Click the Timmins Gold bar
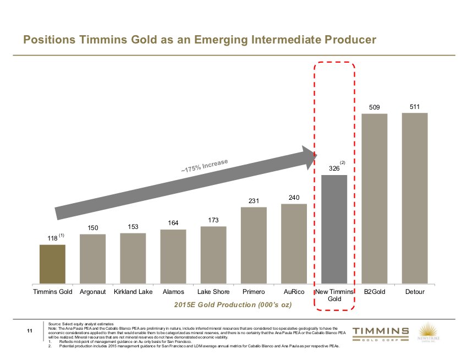click(52, 264)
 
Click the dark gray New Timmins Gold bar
click(334, 229)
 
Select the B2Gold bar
click(375, 199)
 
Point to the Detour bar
click(415, 198)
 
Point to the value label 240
click(294, 197)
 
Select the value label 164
click(173, 223)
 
